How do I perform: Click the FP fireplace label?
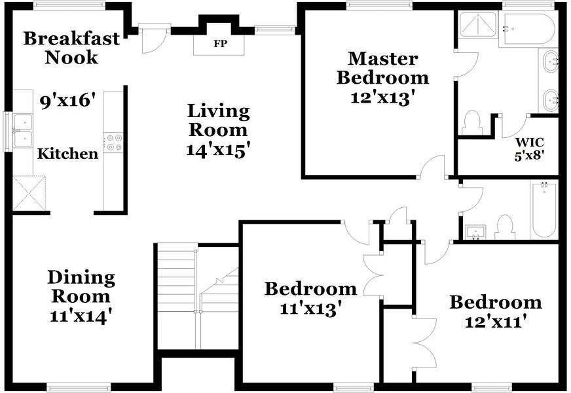click(220, 44)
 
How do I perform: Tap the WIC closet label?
click(530, 142)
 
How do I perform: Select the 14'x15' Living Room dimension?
click(219, 150)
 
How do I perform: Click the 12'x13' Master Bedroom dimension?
click(382, 97)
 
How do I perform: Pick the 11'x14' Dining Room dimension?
click(81, 316)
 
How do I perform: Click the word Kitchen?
click(67, 154)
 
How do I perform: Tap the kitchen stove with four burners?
click(113, 143)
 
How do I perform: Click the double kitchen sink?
click(23, 131)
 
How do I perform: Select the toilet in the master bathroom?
click(472, 123)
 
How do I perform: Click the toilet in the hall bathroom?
click(505, 227)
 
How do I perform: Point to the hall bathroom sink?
click(475, 233)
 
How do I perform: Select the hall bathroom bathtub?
click(544, 210)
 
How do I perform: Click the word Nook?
click(71, 58)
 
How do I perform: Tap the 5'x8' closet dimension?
click(530, 156)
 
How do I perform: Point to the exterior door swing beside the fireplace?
click(153, 39)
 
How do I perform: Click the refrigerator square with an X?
click(29, 193)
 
